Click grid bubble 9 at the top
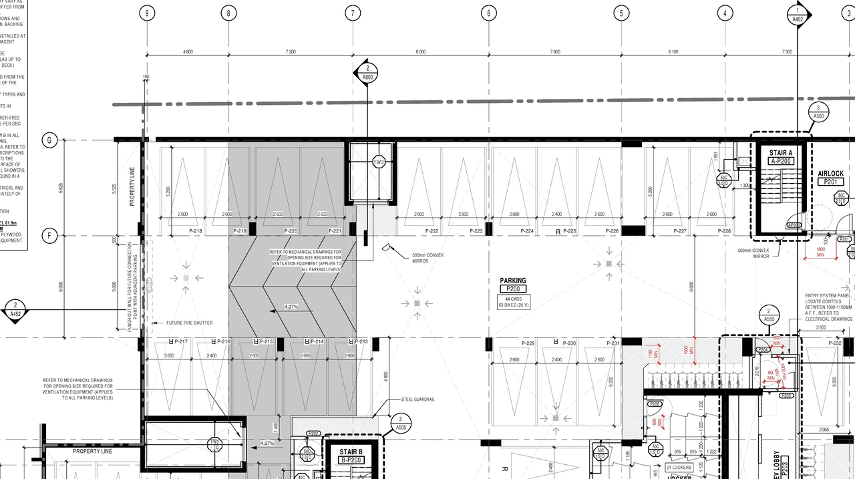pos(147,13)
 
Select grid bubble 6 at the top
pos(489,13)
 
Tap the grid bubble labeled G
pos(49,140)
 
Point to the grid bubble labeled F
pos(49,235)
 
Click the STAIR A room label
pos(781,153)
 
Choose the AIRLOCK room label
pos(830,174)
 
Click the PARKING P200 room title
pos(513,281)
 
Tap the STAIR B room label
pos(351,452)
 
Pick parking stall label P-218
pos(195,231)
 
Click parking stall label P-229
pos(528,343)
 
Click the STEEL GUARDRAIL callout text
pos(418,399)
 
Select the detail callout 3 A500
pos(818,112)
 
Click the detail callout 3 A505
pos(401,423)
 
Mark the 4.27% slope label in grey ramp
pos(291,307)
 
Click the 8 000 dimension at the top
pos(420,52)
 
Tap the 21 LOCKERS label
pos(678,468)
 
